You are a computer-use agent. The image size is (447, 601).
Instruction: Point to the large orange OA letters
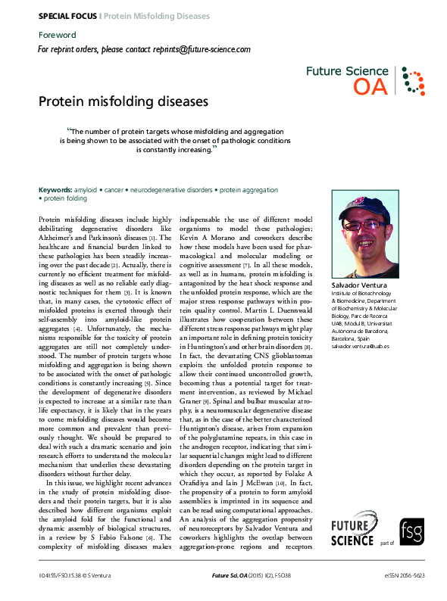(x=370, y=87)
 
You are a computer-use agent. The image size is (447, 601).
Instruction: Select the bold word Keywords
(x=55, y=189)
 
